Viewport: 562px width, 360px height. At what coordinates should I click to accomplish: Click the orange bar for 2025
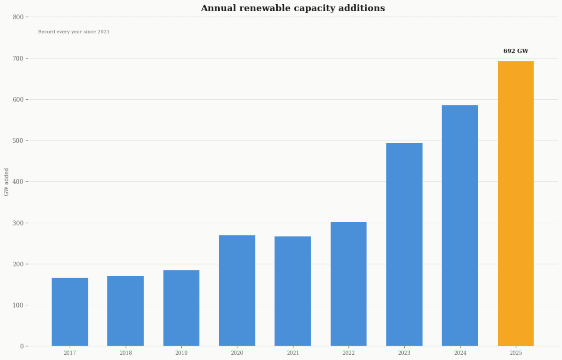516,204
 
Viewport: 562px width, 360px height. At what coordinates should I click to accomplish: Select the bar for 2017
70,312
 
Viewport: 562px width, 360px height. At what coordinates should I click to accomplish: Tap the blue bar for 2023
404,244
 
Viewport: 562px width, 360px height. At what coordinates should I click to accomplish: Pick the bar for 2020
237,290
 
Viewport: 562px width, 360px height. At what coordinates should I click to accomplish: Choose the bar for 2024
460,226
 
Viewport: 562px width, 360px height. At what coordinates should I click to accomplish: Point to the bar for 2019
181,308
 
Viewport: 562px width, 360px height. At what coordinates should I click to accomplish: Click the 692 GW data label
516,51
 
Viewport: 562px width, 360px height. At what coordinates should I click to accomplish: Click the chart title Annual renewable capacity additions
293,8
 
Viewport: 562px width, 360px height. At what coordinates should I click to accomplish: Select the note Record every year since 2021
74,32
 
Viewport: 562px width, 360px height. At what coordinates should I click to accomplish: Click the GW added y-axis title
6,182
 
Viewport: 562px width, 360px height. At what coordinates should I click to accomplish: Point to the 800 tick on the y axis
18,17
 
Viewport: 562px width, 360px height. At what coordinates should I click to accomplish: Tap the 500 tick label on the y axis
18,140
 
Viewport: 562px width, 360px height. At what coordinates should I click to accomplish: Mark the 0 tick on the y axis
22,346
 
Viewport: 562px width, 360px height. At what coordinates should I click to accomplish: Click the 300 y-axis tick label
18,223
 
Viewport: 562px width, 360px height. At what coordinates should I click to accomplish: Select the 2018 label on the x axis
126,353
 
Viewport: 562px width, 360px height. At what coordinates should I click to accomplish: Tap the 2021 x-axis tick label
293,353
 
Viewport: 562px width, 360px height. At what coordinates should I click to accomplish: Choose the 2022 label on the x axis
348,353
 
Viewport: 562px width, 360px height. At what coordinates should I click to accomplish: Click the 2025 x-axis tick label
516,353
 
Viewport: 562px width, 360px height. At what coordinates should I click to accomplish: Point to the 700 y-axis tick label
18,59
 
